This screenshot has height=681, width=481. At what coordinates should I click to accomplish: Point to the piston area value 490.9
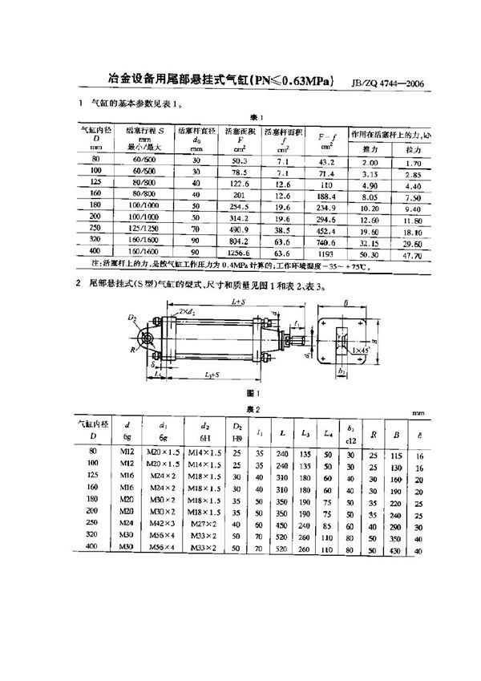point(239,227)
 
